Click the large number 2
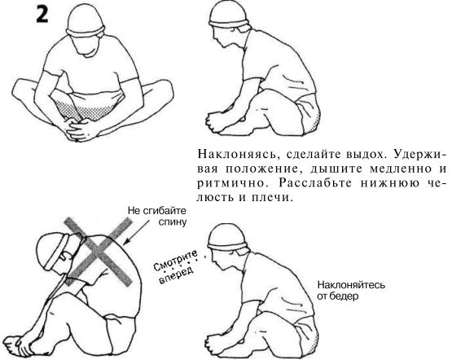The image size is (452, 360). [42, 14]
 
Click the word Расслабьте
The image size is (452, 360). [315, 183]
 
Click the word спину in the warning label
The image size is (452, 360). [172, 222]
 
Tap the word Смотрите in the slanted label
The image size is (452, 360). [176, 261]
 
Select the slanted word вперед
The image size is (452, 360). [175, 275]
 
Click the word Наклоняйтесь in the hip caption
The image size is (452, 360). [351, 285]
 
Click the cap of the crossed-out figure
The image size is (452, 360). [53, 252]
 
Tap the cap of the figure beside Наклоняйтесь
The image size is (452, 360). [227, 237]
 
